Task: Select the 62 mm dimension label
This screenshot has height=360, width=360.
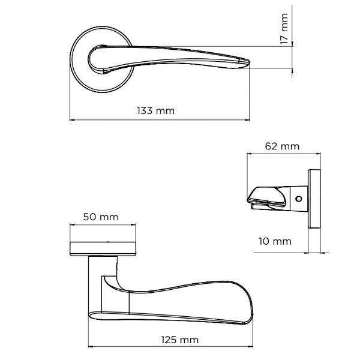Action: pyautogui.click(x=281, y=146)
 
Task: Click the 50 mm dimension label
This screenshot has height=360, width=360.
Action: pyautogui.click(x=100, y=217)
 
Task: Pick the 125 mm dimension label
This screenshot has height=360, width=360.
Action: pyautogui.click(x=180, y=340)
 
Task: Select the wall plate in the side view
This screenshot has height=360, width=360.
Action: pyautogui.click(x=314, y=200)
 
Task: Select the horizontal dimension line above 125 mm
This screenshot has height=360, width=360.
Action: pyautogui.click(x=171, y=347)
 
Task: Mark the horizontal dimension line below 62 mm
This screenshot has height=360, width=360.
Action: pyautogui.click(x=281, y=154)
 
